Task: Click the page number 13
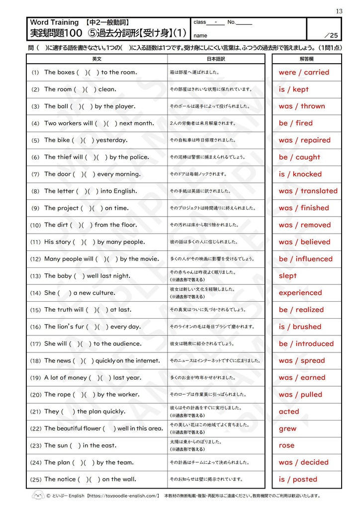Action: pyautogui.click(x=339, y=11)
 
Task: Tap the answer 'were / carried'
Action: pyautogui.click(x=304, y=73)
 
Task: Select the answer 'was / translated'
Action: pyautogui.click(x=308, y=191)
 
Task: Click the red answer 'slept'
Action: pyautogui.click(x=287, y=276)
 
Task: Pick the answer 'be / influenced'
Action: pyautogui.click(x=305, y=259)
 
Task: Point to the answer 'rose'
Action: pyautogui.click(x=286, y=445)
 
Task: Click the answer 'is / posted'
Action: pyautogui.click(x=298, y=479)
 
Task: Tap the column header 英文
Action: pyautogui.click(x=96, y=59)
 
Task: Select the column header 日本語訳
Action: pyautogui.click(x=216, y=59)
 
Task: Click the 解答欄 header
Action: pyautogui.click(x=307, y=59)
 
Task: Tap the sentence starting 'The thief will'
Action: pyautogui.click(x=96, y=157)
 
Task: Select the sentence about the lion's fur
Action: pyautogui.click(x=92, y=327)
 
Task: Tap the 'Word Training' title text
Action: pyautogui.click(x=54, y=22)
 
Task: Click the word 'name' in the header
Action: pyautogui.click(x=200, y=35)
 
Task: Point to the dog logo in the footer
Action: pyautogui.click(x=38, y=495)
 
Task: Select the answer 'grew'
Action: pyautogui.click(x=287, y=428)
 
